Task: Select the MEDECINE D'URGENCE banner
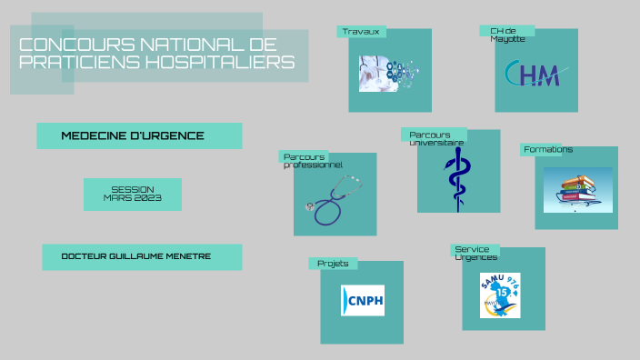139,136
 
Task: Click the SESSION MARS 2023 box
133,193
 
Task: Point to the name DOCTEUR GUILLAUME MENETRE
142,256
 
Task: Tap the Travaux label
360,32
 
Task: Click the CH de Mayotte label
505,34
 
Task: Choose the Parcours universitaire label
435,138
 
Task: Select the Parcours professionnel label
312,161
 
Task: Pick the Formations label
547,149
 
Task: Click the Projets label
332,264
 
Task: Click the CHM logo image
536,74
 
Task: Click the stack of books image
576,189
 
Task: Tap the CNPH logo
362,300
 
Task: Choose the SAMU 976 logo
500,295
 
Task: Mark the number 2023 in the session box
146,198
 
